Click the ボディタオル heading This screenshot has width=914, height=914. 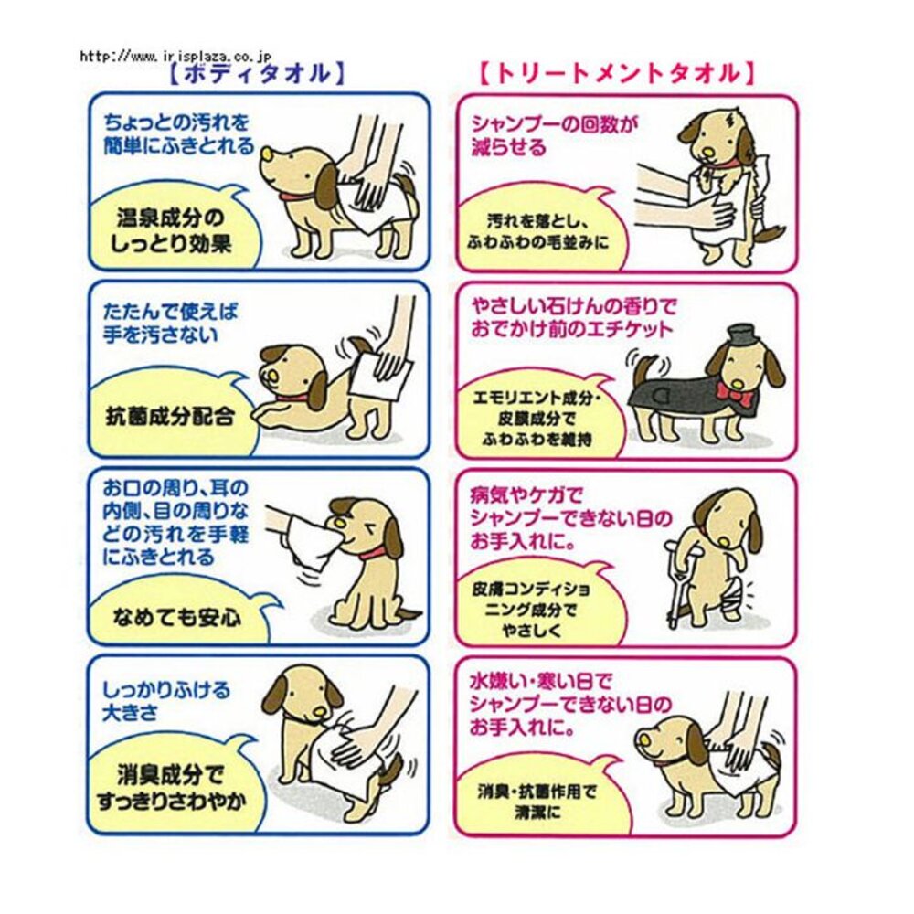[x=258, y=74]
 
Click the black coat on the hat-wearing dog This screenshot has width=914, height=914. [x=676, y=393]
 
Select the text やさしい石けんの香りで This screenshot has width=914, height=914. [x=571, y=307]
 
